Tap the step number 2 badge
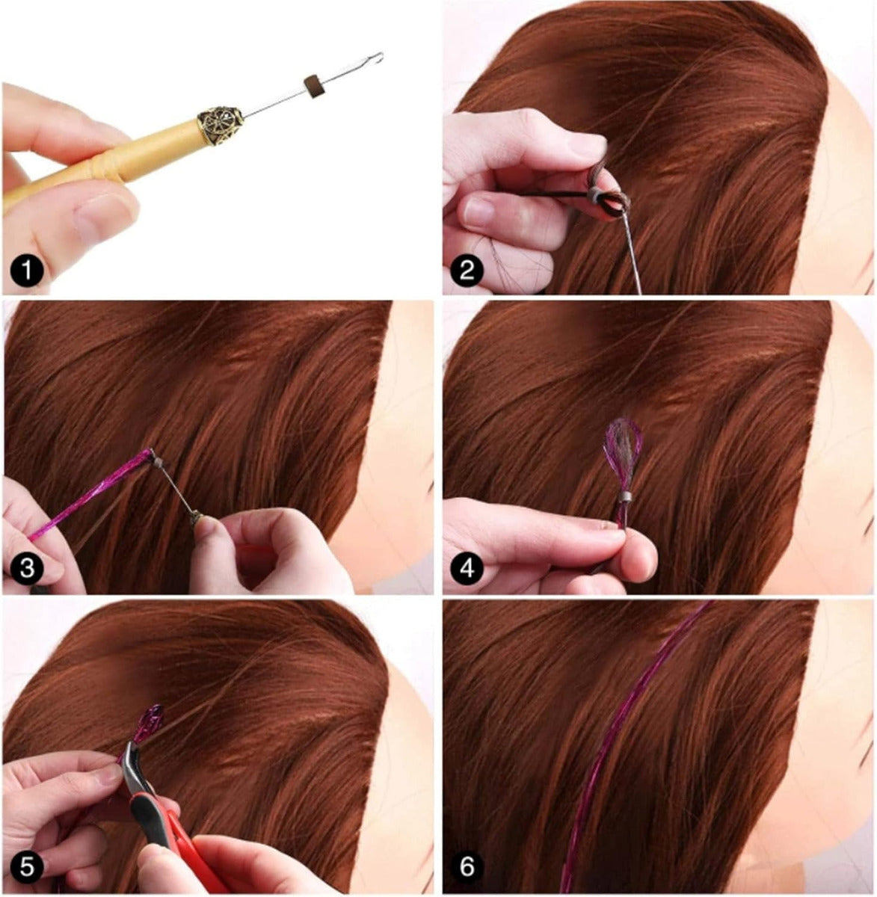pos(467,270)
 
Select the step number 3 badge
pos(27,569)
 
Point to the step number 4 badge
pos(467,569)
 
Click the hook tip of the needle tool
pos(380,57)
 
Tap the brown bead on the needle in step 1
pos(313,85)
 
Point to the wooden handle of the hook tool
pos(106,164)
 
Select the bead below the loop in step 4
pos(624,499)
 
